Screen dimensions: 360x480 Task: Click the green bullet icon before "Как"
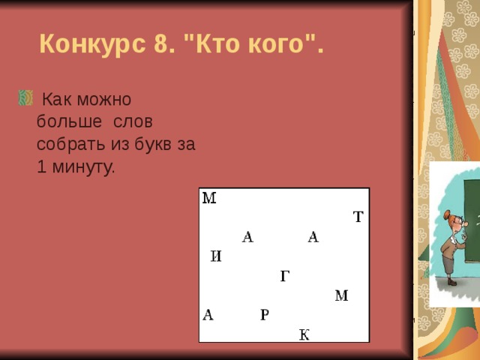click(x=24, y=97)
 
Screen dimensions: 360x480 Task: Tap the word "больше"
click(x=66, y=121)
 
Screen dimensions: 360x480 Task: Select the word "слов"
click(x=137, y=121)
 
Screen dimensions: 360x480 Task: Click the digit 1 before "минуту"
click(x=42, y=167)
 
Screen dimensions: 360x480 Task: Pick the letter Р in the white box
click(x=265, y=315)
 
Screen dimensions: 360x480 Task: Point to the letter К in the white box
click(x=304, y=334)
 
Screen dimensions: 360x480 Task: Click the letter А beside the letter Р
click(x=208, y=315)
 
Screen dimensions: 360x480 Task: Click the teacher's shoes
click(x=451, y=282)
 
